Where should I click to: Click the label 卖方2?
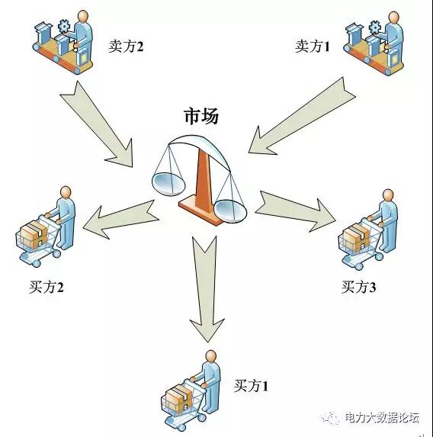click(x=126, y=47)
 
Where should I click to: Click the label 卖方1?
click(x=313, y=47)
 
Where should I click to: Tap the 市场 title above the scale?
click(x=201, y=116)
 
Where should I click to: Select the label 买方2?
click(x=47, y=287)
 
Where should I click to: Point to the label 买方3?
click(x=358, y=287)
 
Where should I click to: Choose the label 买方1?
click(x=251, y=386)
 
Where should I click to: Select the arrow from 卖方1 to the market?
click(x=301, y=116)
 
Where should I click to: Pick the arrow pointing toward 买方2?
click(x=120, y=219)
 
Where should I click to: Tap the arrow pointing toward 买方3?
click(x=295, y=211)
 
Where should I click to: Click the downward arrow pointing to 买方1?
click(x=207, y=288)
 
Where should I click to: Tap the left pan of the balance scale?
click(x=168, y=184)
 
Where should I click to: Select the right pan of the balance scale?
click(x=231, y=211)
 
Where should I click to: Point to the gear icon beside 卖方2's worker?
click(x=64, y=27)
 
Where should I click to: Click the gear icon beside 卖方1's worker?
click(x=375, y=29)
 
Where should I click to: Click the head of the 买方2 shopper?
click(x=66, y=193)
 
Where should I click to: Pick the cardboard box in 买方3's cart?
click(x=356, y=237)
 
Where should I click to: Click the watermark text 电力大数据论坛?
click(x=382, y=417)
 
